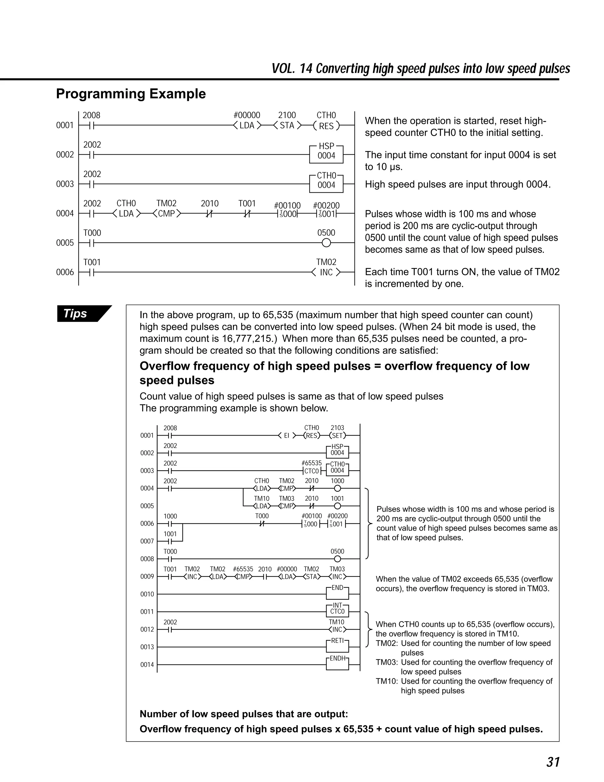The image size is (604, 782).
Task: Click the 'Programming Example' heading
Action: (x=131, y=94)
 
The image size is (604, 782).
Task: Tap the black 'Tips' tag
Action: (x=75, y=313)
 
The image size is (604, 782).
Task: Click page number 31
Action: (x=553, y=762)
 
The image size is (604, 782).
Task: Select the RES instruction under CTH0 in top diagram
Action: (x=326, y=126)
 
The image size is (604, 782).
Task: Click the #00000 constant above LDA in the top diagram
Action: (x=247, y=115)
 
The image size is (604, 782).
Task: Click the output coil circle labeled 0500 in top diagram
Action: (x=326, y=243)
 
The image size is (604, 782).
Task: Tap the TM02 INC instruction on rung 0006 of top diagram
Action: (x=326, y=272)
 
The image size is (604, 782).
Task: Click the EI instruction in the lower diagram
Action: (x=287, y=436)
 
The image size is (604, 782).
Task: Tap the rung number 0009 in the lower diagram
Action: (x=147, y=577)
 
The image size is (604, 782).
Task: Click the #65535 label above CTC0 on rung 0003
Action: (x=311, y=463)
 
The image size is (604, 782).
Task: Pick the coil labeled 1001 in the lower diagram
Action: (x=337, y=506)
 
